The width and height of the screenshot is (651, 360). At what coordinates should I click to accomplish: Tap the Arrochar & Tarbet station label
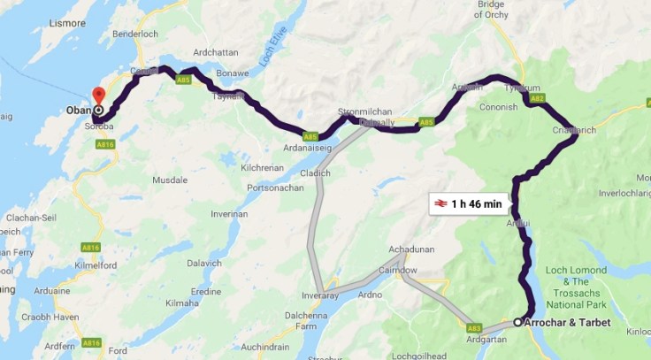(x=565, y=323)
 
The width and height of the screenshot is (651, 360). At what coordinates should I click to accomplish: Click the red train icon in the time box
(x=440, y=203)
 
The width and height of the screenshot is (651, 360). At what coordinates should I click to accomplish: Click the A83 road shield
(x=474, y=328)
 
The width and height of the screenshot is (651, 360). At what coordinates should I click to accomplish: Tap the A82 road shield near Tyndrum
(x=537, y=99)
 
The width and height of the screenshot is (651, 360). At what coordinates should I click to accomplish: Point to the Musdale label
(x=170, y=180)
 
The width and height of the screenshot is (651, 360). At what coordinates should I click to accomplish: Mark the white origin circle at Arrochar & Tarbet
(x=517, y=323)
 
